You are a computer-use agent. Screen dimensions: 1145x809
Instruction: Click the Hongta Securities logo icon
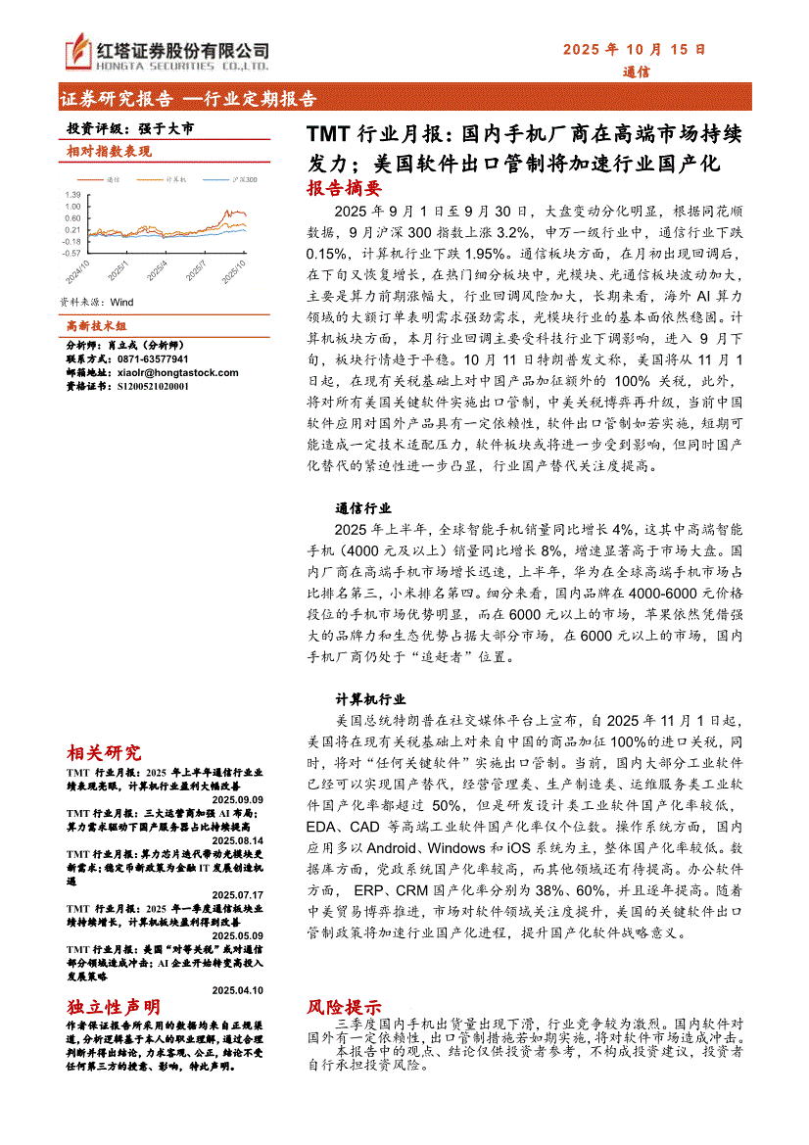[x=79, y=51]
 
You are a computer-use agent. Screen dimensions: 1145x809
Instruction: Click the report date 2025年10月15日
[x=634, y=48]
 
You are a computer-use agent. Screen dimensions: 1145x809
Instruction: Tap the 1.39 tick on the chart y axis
[x=72, y=194]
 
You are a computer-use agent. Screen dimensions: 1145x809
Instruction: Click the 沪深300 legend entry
[x=218, y=179]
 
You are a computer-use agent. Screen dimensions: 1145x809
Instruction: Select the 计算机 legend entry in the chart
[x=176, y=179]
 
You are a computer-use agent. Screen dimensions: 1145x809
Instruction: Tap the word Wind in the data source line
[x=122, y=303]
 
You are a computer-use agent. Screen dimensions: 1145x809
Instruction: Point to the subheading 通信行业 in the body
[x=363, y=508]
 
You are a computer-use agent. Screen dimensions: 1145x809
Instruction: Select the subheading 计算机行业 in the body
[x=370, y=700]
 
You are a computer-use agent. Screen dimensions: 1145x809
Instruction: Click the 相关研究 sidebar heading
[x=104, y=752]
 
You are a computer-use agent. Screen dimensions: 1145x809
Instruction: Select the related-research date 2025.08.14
[x=238, y=839]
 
